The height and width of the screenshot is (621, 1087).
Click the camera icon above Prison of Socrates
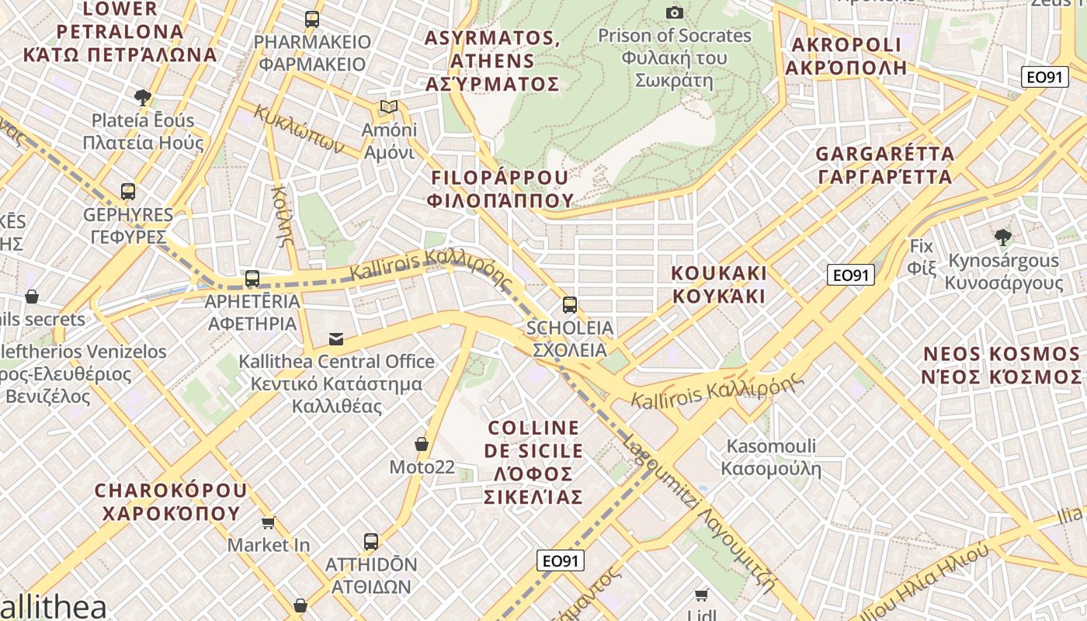click(675, 12)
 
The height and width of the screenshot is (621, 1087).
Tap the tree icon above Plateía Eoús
click(143, 97)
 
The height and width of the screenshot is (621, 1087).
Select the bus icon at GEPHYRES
click(128, 191)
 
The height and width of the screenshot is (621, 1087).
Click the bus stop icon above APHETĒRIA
click(252, 278)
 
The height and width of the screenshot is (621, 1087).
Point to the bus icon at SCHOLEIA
click(570, 304)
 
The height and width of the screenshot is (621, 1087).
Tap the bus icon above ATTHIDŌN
click(371, 542)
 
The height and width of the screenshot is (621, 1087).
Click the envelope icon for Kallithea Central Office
click(336, 338)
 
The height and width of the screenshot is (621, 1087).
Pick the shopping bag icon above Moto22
click(422, 444)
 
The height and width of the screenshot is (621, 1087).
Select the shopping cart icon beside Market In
click(269, 522)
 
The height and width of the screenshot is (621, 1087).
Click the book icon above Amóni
click(388, 106)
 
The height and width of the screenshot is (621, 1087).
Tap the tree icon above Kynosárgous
click(1002, 237)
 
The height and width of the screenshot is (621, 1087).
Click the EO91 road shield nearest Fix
click(850, 275)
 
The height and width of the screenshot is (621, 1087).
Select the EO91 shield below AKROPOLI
click(1044, 77)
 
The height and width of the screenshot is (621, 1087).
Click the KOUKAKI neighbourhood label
click(719, 284)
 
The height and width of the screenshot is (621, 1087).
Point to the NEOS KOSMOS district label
click(1001, 366)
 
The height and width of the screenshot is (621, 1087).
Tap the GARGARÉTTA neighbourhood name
click(884, 165)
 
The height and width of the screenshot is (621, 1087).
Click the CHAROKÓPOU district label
click(170, 501)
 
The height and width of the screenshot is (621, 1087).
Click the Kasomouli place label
click(771, 457)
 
